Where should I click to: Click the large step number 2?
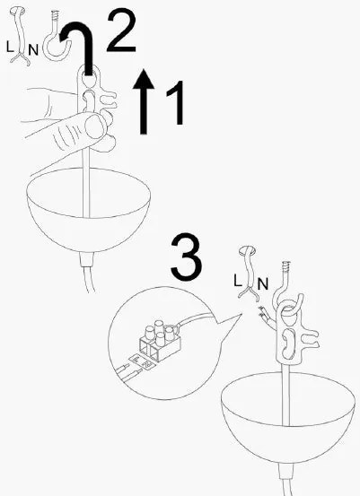pyautogui.click(x=122, y=30)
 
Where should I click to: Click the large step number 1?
pyautogui.click(x=176, y=102)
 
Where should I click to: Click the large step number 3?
pyautogui.click(x=186, y=257)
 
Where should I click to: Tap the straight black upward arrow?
pyautogui.click(x=144, y=101)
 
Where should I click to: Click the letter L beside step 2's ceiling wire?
pyautogui.click(x=10, y=48)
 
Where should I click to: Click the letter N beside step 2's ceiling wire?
pyautogui.click(x=33, y=50)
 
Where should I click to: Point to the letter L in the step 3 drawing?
pyautogui.click(x=238, y=280)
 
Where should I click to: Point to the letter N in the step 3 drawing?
pyautogui.click(x=262, y=283)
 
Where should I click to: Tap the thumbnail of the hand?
pyautogui.click(x=94, y=126)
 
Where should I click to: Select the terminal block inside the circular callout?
pyautogui.click(x=160, y=341)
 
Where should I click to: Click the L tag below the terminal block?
pyautogui.click(x=136, y=359)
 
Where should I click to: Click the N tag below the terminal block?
pyautogui.click(x=147, y=365)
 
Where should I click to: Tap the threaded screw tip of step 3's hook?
pyautogui.click(x=286, y=265)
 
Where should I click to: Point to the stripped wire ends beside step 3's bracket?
pyautogui.click(x=262, y=312)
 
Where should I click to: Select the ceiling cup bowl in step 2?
pyautogui.click(x=88, y=209)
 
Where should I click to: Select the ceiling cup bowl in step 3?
pyautogui.click(x=288, y=417)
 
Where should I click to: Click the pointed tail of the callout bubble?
pyautogui.click(x=233, y=320)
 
